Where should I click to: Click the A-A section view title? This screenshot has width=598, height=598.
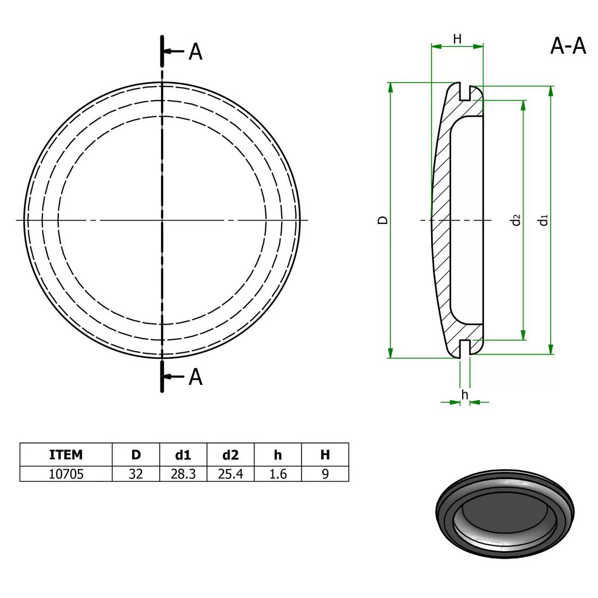(568, 47)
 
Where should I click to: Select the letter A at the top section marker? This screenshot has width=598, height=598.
(195, 52)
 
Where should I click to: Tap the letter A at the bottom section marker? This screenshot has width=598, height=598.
(195, 377)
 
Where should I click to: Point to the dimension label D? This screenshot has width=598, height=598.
(383, 220)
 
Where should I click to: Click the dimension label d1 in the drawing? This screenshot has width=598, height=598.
(543, 220)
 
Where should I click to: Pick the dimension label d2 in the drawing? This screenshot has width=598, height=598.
(516, 220)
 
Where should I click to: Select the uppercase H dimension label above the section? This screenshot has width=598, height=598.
(457, 39)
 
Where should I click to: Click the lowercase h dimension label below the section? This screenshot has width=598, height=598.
(464, 394)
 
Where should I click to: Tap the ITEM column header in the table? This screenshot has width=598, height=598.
(66, 454)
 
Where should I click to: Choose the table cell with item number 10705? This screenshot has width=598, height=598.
(66, 474)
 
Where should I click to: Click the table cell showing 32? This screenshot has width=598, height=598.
(135, 474)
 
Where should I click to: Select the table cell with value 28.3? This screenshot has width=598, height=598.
(183, 474)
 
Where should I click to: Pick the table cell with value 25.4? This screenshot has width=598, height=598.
(230, 474)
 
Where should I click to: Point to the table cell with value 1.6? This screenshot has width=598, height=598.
(278, 474)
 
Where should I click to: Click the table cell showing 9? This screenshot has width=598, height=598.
(325, 474)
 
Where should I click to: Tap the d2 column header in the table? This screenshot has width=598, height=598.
(230, 454)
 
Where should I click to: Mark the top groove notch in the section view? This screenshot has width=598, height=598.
(464, 92)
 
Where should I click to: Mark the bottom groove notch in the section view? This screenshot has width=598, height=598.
(464, 348)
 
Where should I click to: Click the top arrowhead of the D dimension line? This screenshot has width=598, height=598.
(390, 87)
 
